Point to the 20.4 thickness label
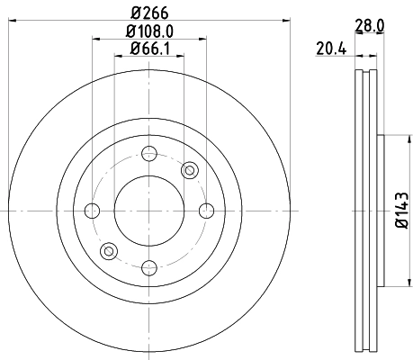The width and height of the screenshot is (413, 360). tap(331, 49)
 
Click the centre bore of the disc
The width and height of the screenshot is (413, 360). tap(148, 211)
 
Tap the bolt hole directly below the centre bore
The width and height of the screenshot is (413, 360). tap(148, 266)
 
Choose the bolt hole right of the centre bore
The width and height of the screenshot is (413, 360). tap(205, 211)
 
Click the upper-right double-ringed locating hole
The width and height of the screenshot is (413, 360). tap(189, 171)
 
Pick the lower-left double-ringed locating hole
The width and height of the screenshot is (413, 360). tap(109, 251)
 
